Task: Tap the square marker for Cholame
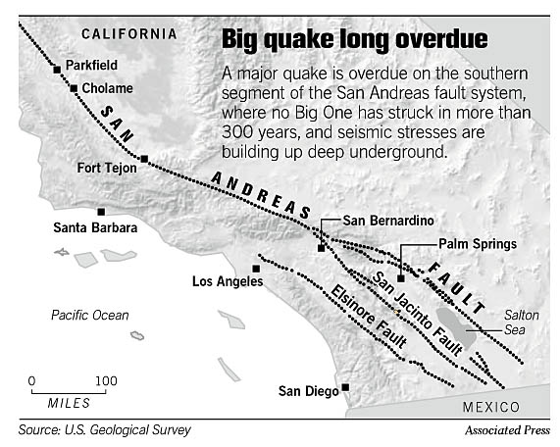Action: click(74, 88)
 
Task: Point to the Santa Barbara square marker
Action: click(101, 211)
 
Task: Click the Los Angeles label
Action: click(228, 282)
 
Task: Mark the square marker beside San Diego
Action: click(345, 388)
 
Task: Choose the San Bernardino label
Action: click(385, 221)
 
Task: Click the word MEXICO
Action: click(488, 406)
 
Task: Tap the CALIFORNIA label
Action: click(128, 33)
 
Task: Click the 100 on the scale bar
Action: click(105, 380)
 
